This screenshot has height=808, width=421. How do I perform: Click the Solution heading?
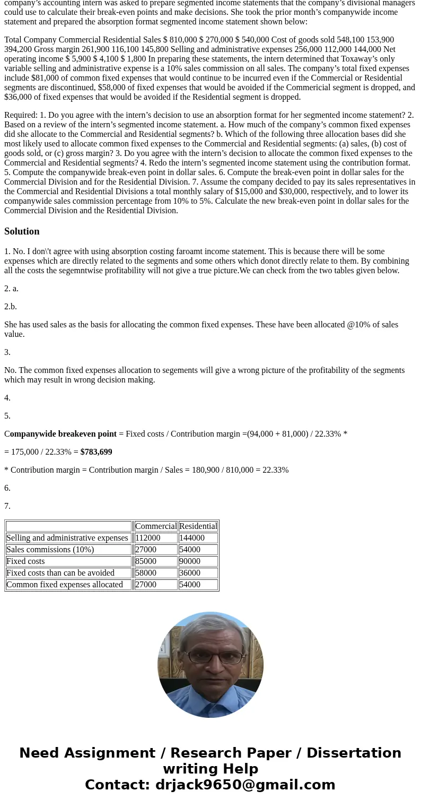(22, 231)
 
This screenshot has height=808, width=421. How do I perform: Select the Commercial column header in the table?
(155, 526)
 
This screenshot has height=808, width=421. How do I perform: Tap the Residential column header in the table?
(198, 526)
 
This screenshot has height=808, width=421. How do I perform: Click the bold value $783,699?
(96, 452)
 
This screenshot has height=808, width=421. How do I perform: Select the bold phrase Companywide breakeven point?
(60, 434)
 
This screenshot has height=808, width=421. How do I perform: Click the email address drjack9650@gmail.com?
(245, 785)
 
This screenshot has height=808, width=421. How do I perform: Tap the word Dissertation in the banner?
(354, 753)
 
